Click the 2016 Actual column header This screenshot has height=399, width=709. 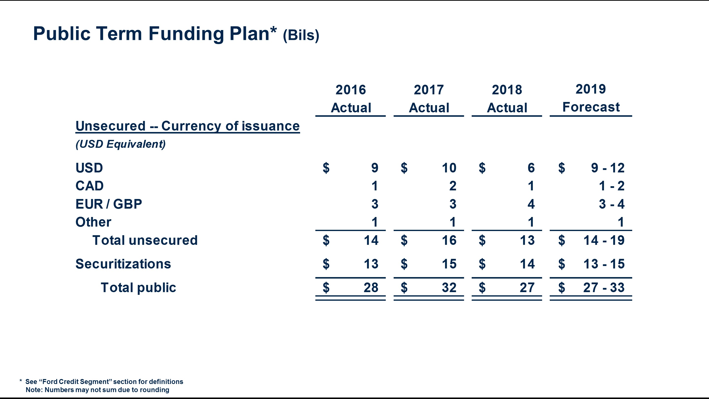(351, 99)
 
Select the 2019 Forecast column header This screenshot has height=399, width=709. (591, 98)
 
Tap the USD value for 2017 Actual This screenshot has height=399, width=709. (449, 168)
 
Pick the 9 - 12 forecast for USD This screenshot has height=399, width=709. (607, 168)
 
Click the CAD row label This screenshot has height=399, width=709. (89, 186)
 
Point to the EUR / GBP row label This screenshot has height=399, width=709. (109, 204)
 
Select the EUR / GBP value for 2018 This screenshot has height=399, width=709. (531, 204)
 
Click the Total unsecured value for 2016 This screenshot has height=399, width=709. (371, 240)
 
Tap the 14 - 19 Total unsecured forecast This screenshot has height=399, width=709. (604, 240)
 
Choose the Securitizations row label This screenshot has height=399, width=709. (123, 264)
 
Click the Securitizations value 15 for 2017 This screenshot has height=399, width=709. (449, 264)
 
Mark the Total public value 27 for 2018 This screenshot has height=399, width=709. (527, 287)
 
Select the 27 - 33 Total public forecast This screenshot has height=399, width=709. (604, 287)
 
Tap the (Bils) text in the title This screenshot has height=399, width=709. (301, 35)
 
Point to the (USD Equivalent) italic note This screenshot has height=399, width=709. (121, 144)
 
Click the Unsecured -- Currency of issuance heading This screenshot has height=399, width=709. (187, 126)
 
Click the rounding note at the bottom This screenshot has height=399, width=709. (97, 390)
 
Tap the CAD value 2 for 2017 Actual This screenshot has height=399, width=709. (452, 186)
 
